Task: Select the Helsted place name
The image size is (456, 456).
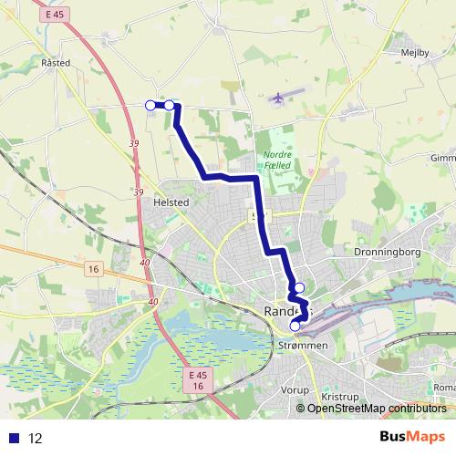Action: pyautogui.click(x=171, y=202)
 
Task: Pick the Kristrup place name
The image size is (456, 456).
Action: pyautogui.click(x=341, y=398)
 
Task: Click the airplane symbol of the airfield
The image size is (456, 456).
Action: pyautogui.click(x=277, y=98)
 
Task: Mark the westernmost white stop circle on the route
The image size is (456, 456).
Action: pyautogui.click(x=150, y=105)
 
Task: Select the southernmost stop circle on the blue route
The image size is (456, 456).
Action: pyautogui.click(x=295, y=326)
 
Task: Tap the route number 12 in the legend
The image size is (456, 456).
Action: pyautogui.click(x=36, y=439)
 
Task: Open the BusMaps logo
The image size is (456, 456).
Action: pyautogui.click(x=411, y=438)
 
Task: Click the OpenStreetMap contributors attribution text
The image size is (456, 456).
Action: pyautogui.click(x=376, y=408)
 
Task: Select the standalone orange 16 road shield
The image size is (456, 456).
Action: pyautogui.click(x=92, y=268)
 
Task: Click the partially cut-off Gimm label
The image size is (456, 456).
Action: pyautogui.click(x=442, y=158)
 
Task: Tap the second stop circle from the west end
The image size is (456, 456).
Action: pyautogui.click(x=170, y=105)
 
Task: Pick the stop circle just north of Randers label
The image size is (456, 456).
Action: pyautogui.click(x=299, y=288)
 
